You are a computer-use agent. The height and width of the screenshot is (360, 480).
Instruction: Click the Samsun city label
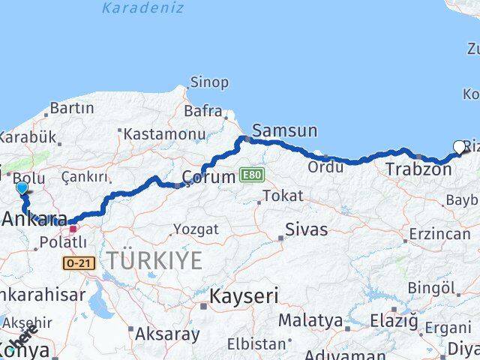[x=284, y=130]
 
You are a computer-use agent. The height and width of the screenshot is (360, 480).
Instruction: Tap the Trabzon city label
[x=418, y=169]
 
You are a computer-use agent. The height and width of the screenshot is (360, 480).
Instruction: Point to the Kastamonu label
[x=158, y=133]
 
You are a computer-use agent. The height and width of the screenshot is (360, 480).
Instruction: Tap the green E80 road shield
[x=253, y=175]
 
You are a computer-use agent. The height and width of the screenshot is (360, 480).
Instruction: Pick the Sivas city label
[x=307, y=229]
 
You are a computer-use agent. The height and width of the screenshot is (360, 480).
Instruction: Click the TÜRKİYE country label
[x=154, y=261]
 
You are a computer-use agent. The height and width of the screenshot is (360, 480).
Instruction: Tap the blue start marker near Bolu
[x=22, y=188]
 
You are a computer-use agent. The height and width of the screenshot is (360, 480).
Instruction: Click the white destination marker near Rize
[x=459, y=147]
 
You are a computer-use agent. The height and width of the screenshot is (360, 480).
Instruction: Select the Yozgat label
[x=196, y=229]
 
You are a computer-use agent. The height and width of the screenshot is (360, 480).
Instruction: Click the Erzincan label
[x=439, y=234]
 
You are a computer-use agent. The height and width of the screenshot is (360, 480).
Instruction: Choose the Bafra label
[x=203, y=112]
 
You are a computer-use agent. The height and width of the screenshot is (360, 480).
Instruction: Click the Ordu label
[x=325, y=166]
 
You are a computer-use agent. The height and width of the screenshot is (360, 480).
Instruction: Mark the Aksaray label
[x=168, y=334]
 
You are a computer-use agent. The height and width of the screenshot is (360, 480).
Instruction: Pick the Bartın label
[x=71, y=108]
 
